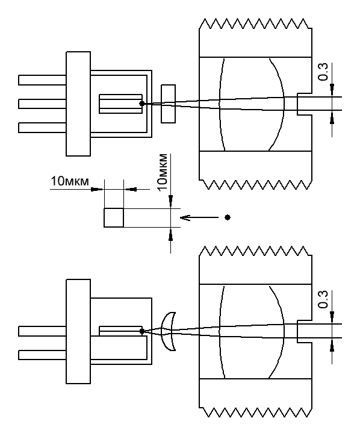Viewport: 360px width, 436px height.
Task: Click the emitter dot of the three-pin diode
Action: coord(142,104)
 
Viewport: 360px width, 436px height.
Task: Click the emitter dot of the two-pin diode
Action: coord(142,331)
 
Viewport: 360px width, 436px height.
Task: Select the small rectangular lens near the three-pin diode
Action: coord(168,104)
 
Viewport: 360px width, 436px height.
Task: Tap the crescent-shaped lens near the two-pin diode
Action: coord(167,331)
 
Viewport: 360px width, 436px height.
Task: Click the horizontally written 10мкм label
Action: coord(70,181)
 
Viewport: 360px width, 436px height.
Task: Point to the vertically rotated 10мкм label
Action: coord(163,172)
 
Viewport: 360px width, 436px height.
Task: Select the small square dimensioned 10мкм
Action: coord(114,218)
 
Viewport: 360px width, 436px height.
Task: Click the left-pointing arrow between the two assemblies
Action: coord(199,217)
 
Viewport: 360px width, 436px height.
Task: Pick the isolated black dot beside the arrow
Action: coord(228,217)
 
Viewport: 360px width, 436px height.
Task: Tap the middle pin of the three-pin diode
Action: coord(42,104)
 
